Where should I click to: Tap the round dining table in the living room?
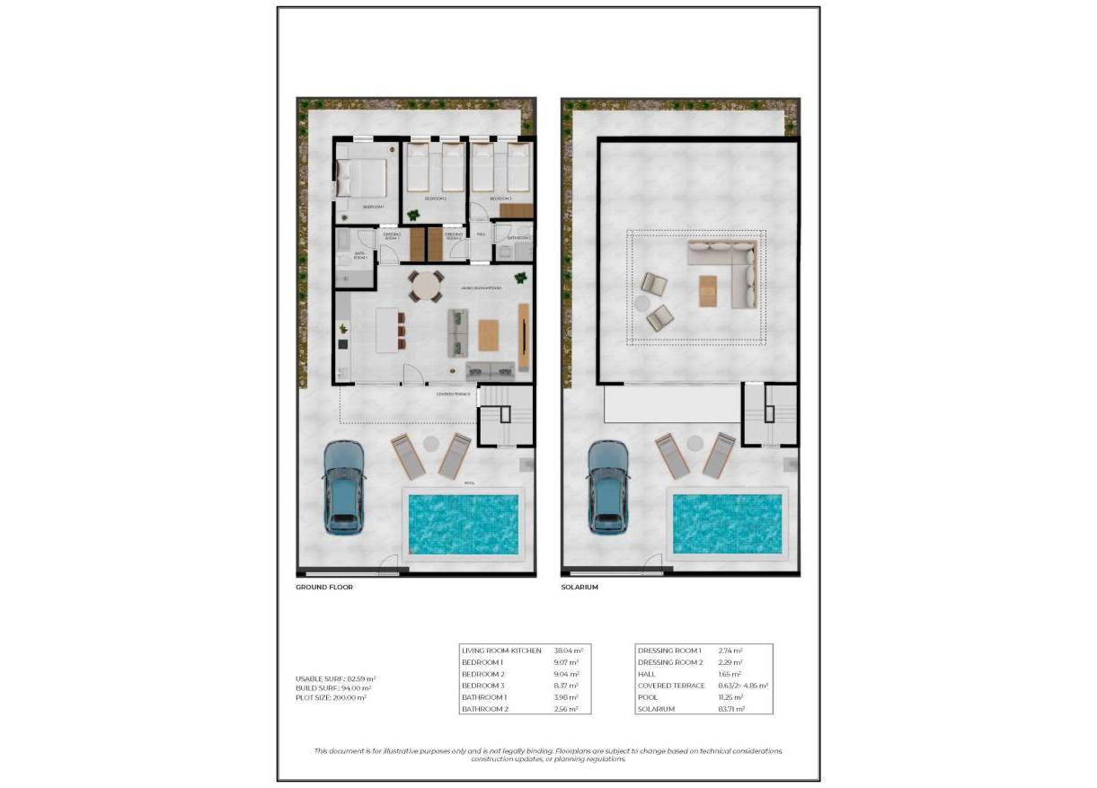pyautogui.click(x=427, y=287)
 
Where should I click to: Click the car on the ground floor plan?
pyautogui.click(x=344, y=486)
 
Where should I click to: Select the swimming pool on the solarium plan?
pyautogui.click(x=726, y=523)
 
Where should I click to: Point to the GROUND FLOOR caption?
pyautogui.click(x=324, y=587)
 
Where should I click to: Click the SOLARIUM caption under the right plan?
pyautogui.click(x=579, y=587)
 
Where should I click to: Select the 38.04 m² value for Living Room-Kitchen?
pyautogui.click(x=568, y=650)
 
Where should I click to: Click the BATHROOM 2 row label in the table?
pyautogui.click(x=485, y=709)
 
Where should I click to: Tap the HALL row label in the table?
pyautogui.click(x=646, y=674)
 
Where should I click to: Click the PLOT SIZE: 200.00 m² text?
pyautogui.click(x=331, y=697)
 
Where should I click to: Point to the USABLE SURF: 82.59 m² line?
pyautogui.click(x=335, y=678)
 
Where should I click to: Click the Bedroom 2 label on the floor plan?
pyautogui.click(x=435, y=198)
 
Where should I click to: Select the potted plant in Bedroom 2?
pyautogui.click(x=413, y=215)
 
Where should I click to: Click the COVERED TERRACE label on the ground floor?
pyautogui.click(x=453, y=394)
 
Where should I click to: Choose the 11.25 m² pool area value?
pyautogui.click(x=730, y=697)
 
